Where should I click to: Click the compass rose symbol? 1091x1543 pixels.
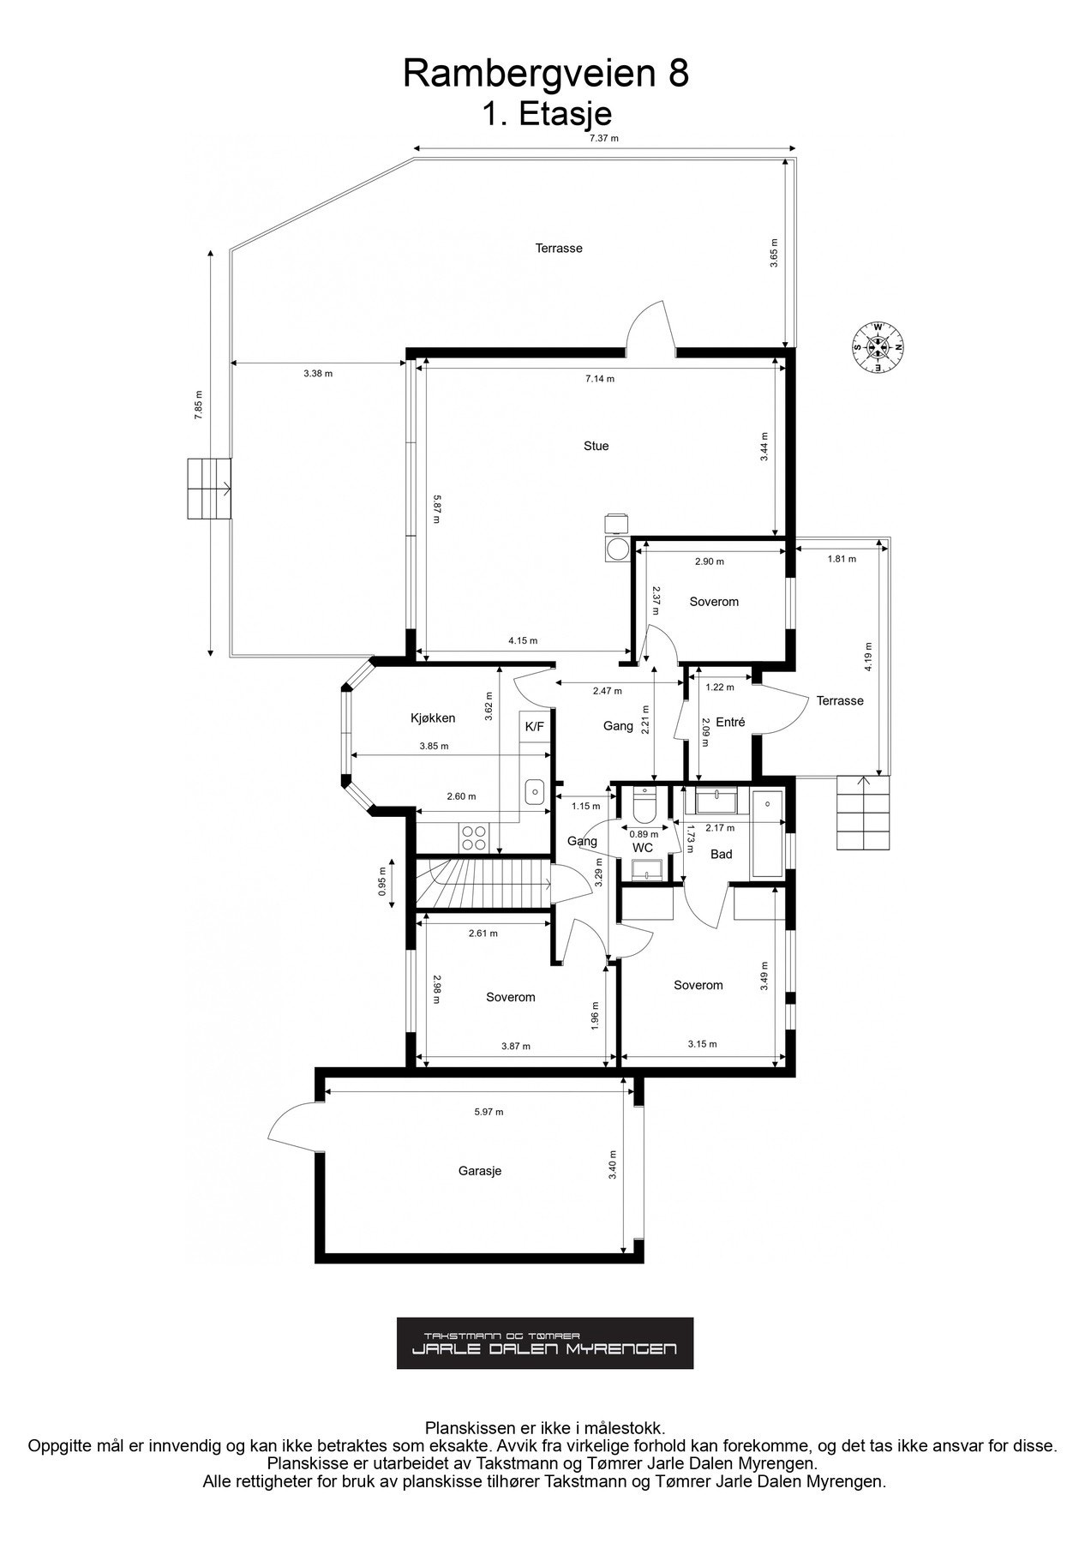coord(877,347)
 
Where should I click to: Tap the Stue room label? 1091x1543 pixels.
coord(596,446)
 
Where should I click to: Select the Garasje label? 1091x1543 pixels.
coord(479,1170)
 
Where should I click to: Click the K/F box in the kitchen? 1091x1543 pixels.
coord(534,726)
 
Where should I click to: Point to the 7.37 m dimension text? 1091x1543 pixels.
coord(603,138)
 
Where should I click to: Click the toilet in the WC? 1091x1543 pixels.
coord(643,805)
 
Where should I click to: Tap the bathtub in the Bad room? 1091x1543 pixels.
coord(767,834)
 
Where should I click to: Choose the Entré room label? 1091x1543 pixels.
coord(730,723)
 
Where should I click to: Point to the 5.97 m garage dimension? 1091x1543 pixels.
coord(489,1112)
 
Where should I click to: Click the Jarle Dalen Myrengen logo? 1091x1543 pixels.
coord(544,1343)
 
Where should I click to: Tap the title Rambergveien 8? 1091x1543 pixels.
coord(545,74)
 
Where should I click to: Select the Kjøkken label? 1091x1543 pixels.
coord(433,718)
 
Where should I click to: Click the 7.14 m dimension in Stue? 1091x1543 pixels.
coord(599,378)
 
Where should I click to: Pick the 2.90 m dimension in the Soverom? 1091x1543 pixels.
coord(709,561)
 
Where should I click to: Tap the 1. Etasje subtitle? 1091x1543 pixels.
coord(545,113)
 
